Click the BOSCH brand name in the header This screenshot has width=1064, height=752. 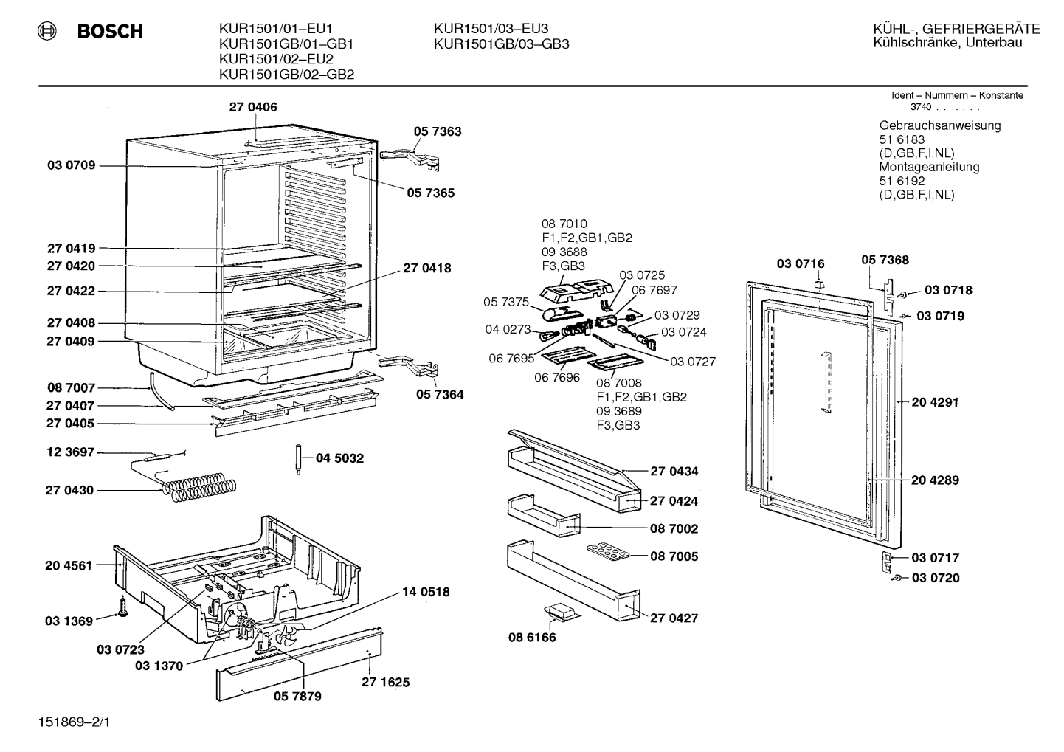(110, 31)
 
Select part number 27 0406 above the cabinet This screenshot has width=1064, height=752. (253, 107)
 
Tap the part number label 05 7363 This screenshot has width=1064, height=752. (438, 131)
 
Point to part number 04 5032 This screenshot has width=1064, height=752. (339, 458)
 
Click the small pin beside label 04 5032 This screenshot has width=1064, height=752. (298, 459)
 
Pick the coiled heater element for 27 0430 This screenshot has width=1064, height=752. (198, 487)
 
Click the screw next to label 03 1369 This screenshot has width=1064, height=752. (123, 607)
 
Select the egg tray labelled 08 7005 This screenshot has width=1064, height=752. (607, 553)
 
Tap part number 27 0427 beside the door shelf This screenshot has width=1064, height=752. (674, 618)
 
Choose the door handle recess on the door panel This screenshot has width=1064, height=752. (826, 382)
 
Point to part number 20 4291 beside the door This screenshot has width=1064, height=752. (936, 402)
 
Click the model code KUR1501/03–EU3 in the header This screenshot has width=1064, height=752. (491, 29)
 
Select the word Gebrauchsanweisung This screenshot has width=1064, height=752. (939, 126)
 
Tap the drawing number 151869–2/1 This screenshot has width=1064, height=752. (74, 722)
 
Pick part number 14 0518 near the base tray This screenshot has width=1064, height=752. (426, 592)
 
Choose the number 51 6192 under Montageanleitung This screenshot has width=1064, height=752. (902, 181)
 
